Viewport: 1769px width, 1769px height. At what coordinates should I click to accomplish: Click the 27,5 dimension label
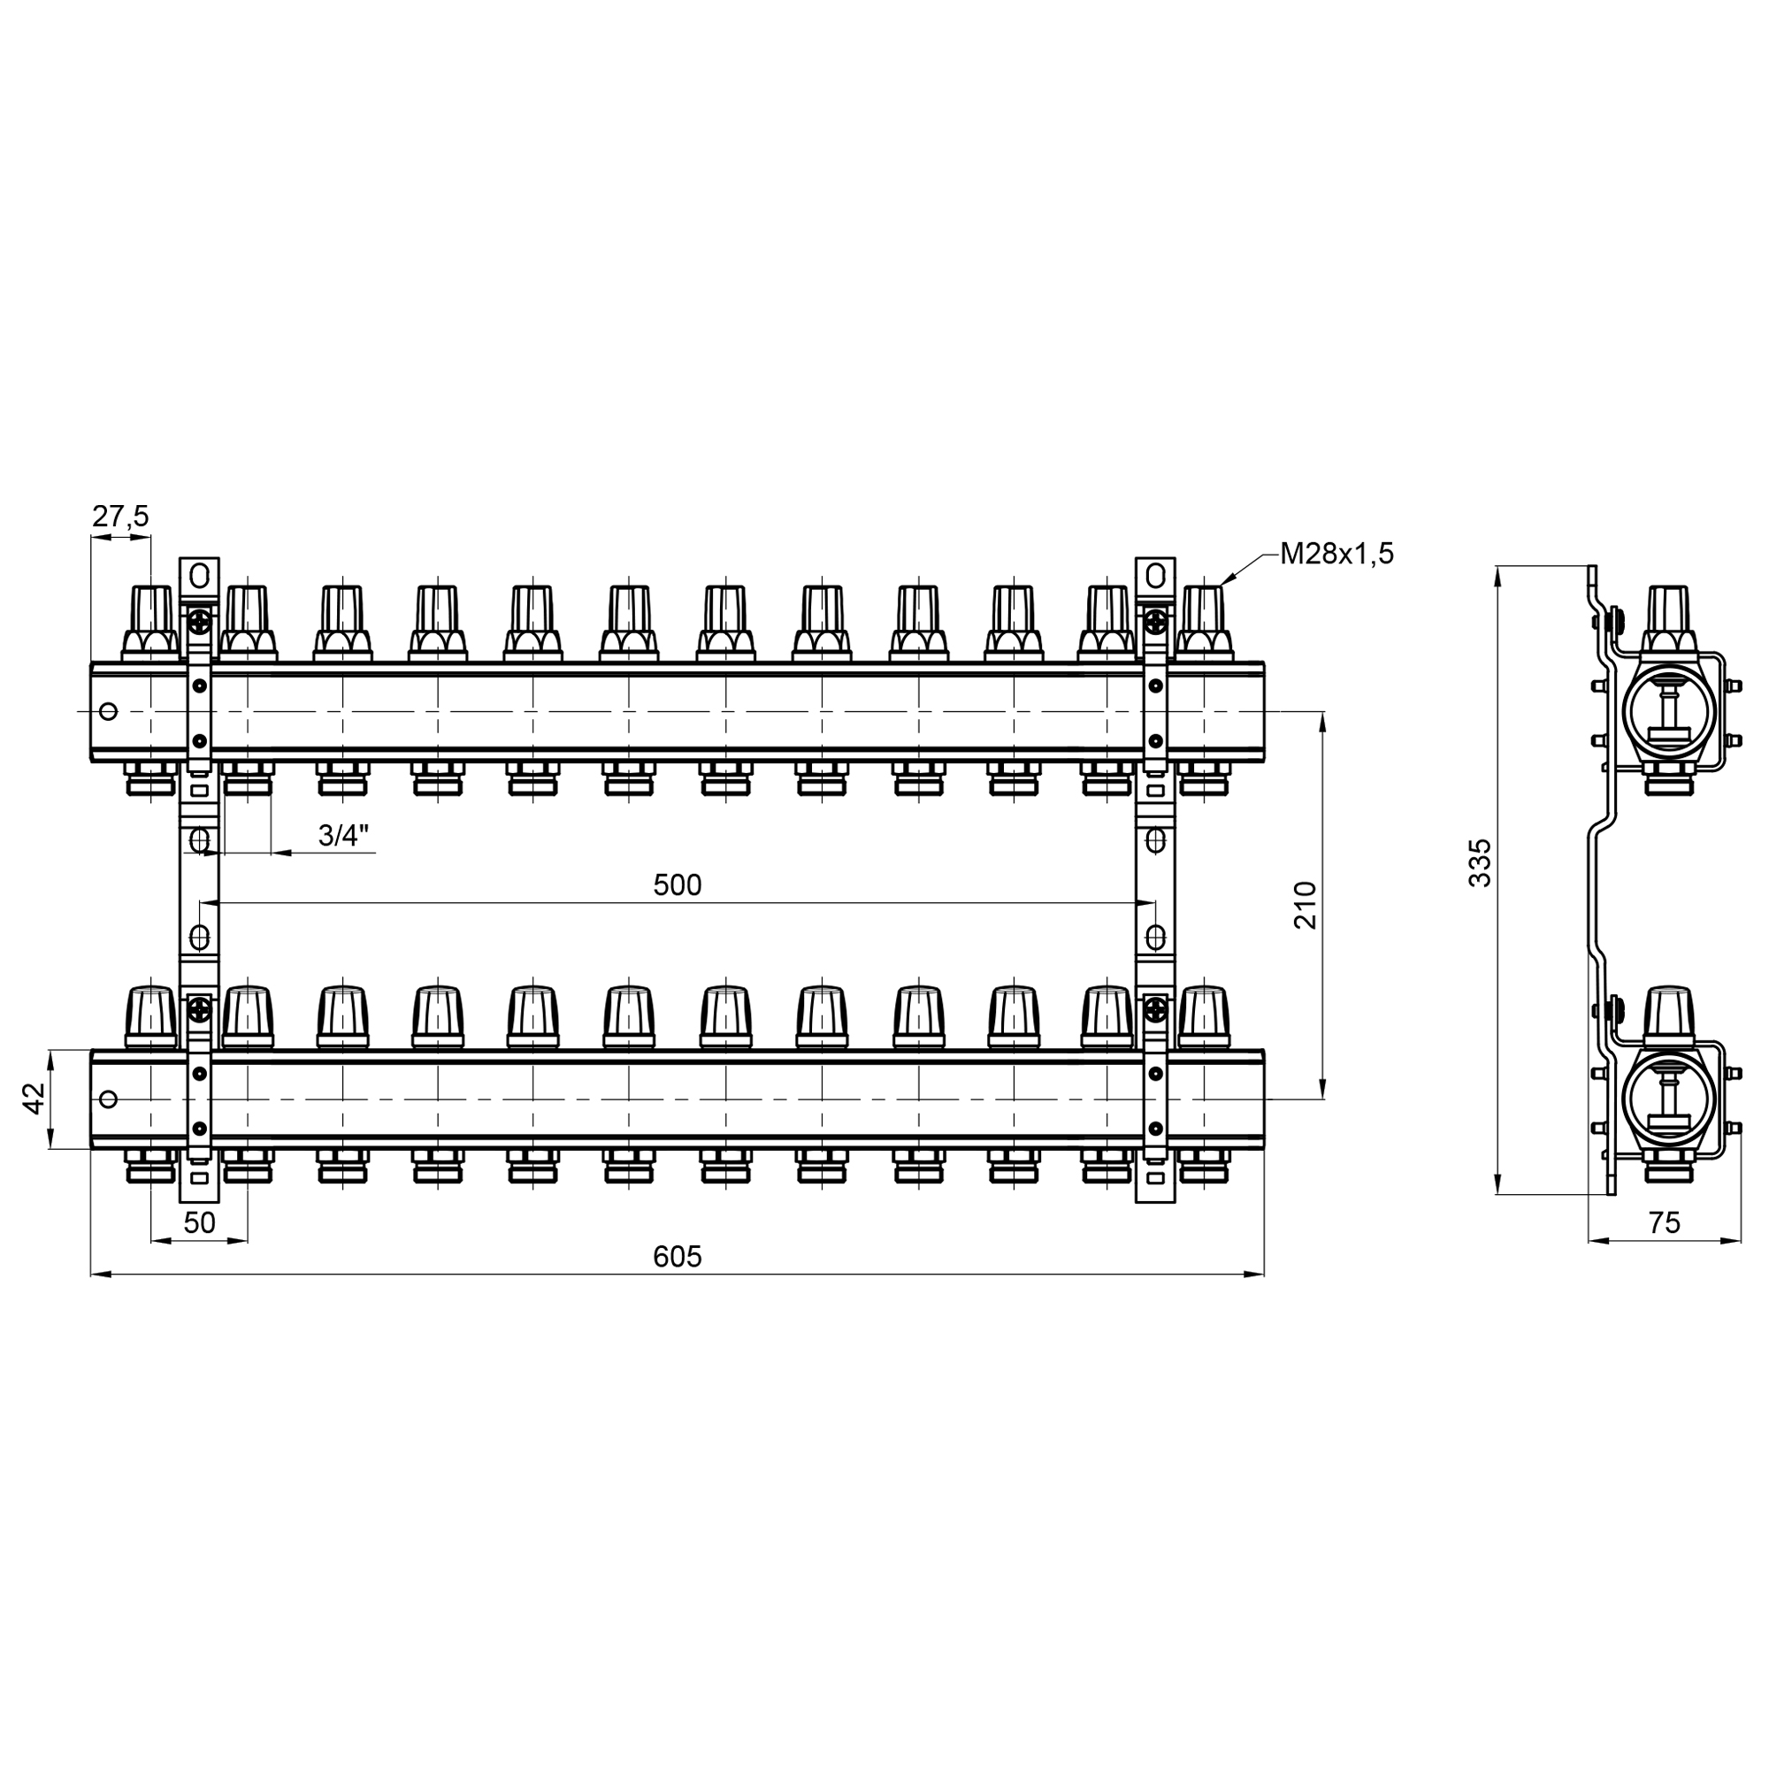120,517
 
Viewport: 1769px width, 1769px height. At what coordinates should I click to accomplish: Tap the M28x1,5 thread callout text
1336,553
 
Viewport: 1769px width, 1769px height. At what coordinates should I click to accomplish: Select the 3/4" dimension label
343,835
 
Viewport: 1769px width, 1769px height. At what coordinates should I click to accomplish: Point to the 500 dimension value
677,885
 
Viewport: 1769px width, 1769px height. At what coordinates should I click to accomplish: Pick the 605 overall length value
677,1257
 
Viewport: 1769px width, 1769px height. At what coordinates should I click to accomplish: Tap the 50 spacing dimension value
199,1223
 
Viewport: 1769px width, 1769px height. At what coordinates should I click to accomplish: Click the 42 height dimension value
34,1098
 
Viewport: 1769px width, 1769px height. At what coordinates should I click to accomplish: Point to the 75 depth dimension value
1664,1223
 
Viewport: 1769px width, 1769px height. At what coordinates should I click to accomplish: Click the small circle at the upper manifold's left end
108,711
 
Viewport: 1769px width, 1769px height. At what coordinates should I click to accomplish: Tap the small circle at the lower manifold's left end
108,1099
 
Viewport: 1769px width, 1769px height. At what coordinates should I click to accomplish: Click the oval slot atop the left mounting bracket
200,576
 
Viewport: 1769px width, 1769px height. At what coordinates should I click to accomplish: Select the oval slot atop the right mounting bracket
1155,576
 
